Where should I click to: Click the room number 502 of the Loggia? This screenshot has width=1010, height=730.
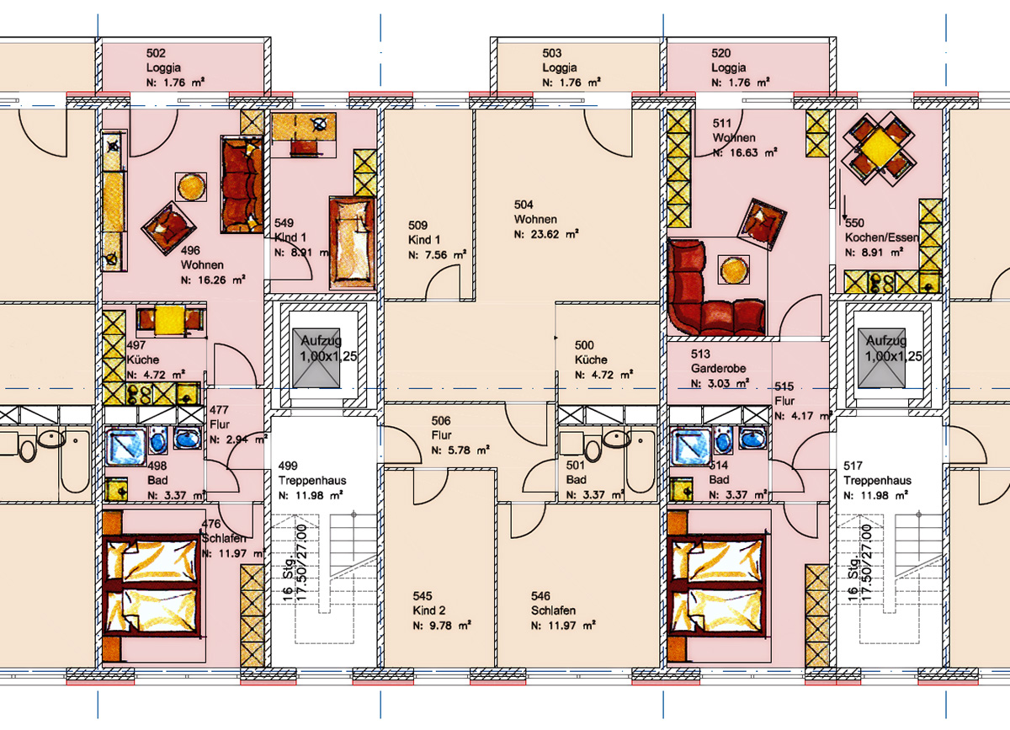pos(156,53)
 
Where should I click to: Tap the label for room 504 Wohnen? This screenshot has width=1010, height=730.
pos(546,219)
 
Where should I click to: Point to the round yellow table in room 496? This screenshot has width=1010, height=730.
pos(191,187)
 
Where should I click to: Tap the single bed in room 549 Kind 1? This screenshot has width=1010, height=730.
pos(353,242)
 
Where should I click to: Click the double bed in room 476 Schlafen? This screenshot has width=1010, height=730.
pos(151,586)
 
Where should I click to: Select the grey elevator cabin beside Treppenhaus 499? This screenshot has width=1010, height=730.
pos(316,358)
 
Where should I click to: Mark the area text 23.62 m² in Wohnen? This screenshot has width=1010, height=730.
pos(546,235)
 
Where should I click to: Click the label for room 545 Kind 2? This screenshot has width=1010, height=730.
pos(441,610)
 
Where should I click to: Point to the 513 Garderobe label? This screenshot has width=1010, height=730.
pos(720,369)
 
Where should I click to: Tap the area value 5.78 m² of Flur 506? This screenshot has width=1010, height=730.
pos(460,450)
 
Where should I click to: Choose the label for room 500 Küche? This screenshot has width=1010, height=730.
pos(603,360)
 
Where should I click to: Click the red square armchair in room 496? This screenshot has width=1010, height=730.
pos(168,228)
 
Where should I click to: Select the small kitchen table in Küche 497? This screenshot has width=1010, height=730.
pos(170,320)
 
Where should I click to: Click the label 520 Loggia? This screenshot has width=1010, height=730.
pos(741,67)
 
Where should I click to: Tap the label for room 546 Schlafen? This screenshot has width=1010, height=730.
pos(563,610)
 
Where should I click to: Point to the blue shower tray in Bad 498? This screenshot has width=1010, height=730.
pos(125,446)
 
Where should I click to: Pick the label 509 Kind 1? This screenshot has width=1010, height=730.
pos(437,240)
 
